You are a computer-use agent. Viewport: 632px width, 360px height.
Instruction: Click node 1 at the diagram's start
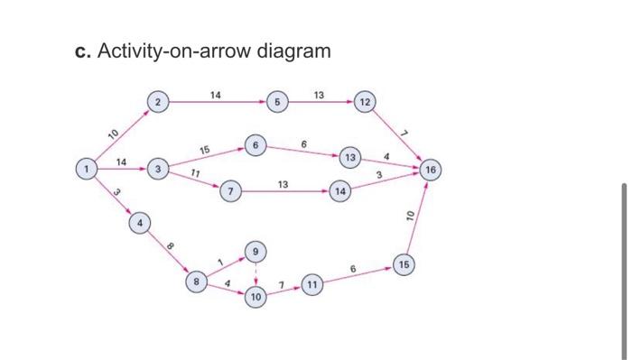[x=87, y=169]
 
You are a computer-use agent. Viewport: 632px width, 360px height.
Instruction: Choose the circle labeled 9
[x=256, y=250]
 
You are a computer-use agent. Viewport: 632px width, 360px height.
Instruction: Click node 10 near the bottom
[x=256, y=296]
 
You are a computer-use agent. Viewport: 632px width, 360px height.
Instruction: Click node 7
[x=233, y=192]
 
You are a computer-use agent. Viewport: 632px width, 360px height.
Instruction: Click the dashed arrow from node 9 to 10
[x=256, y=272]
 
